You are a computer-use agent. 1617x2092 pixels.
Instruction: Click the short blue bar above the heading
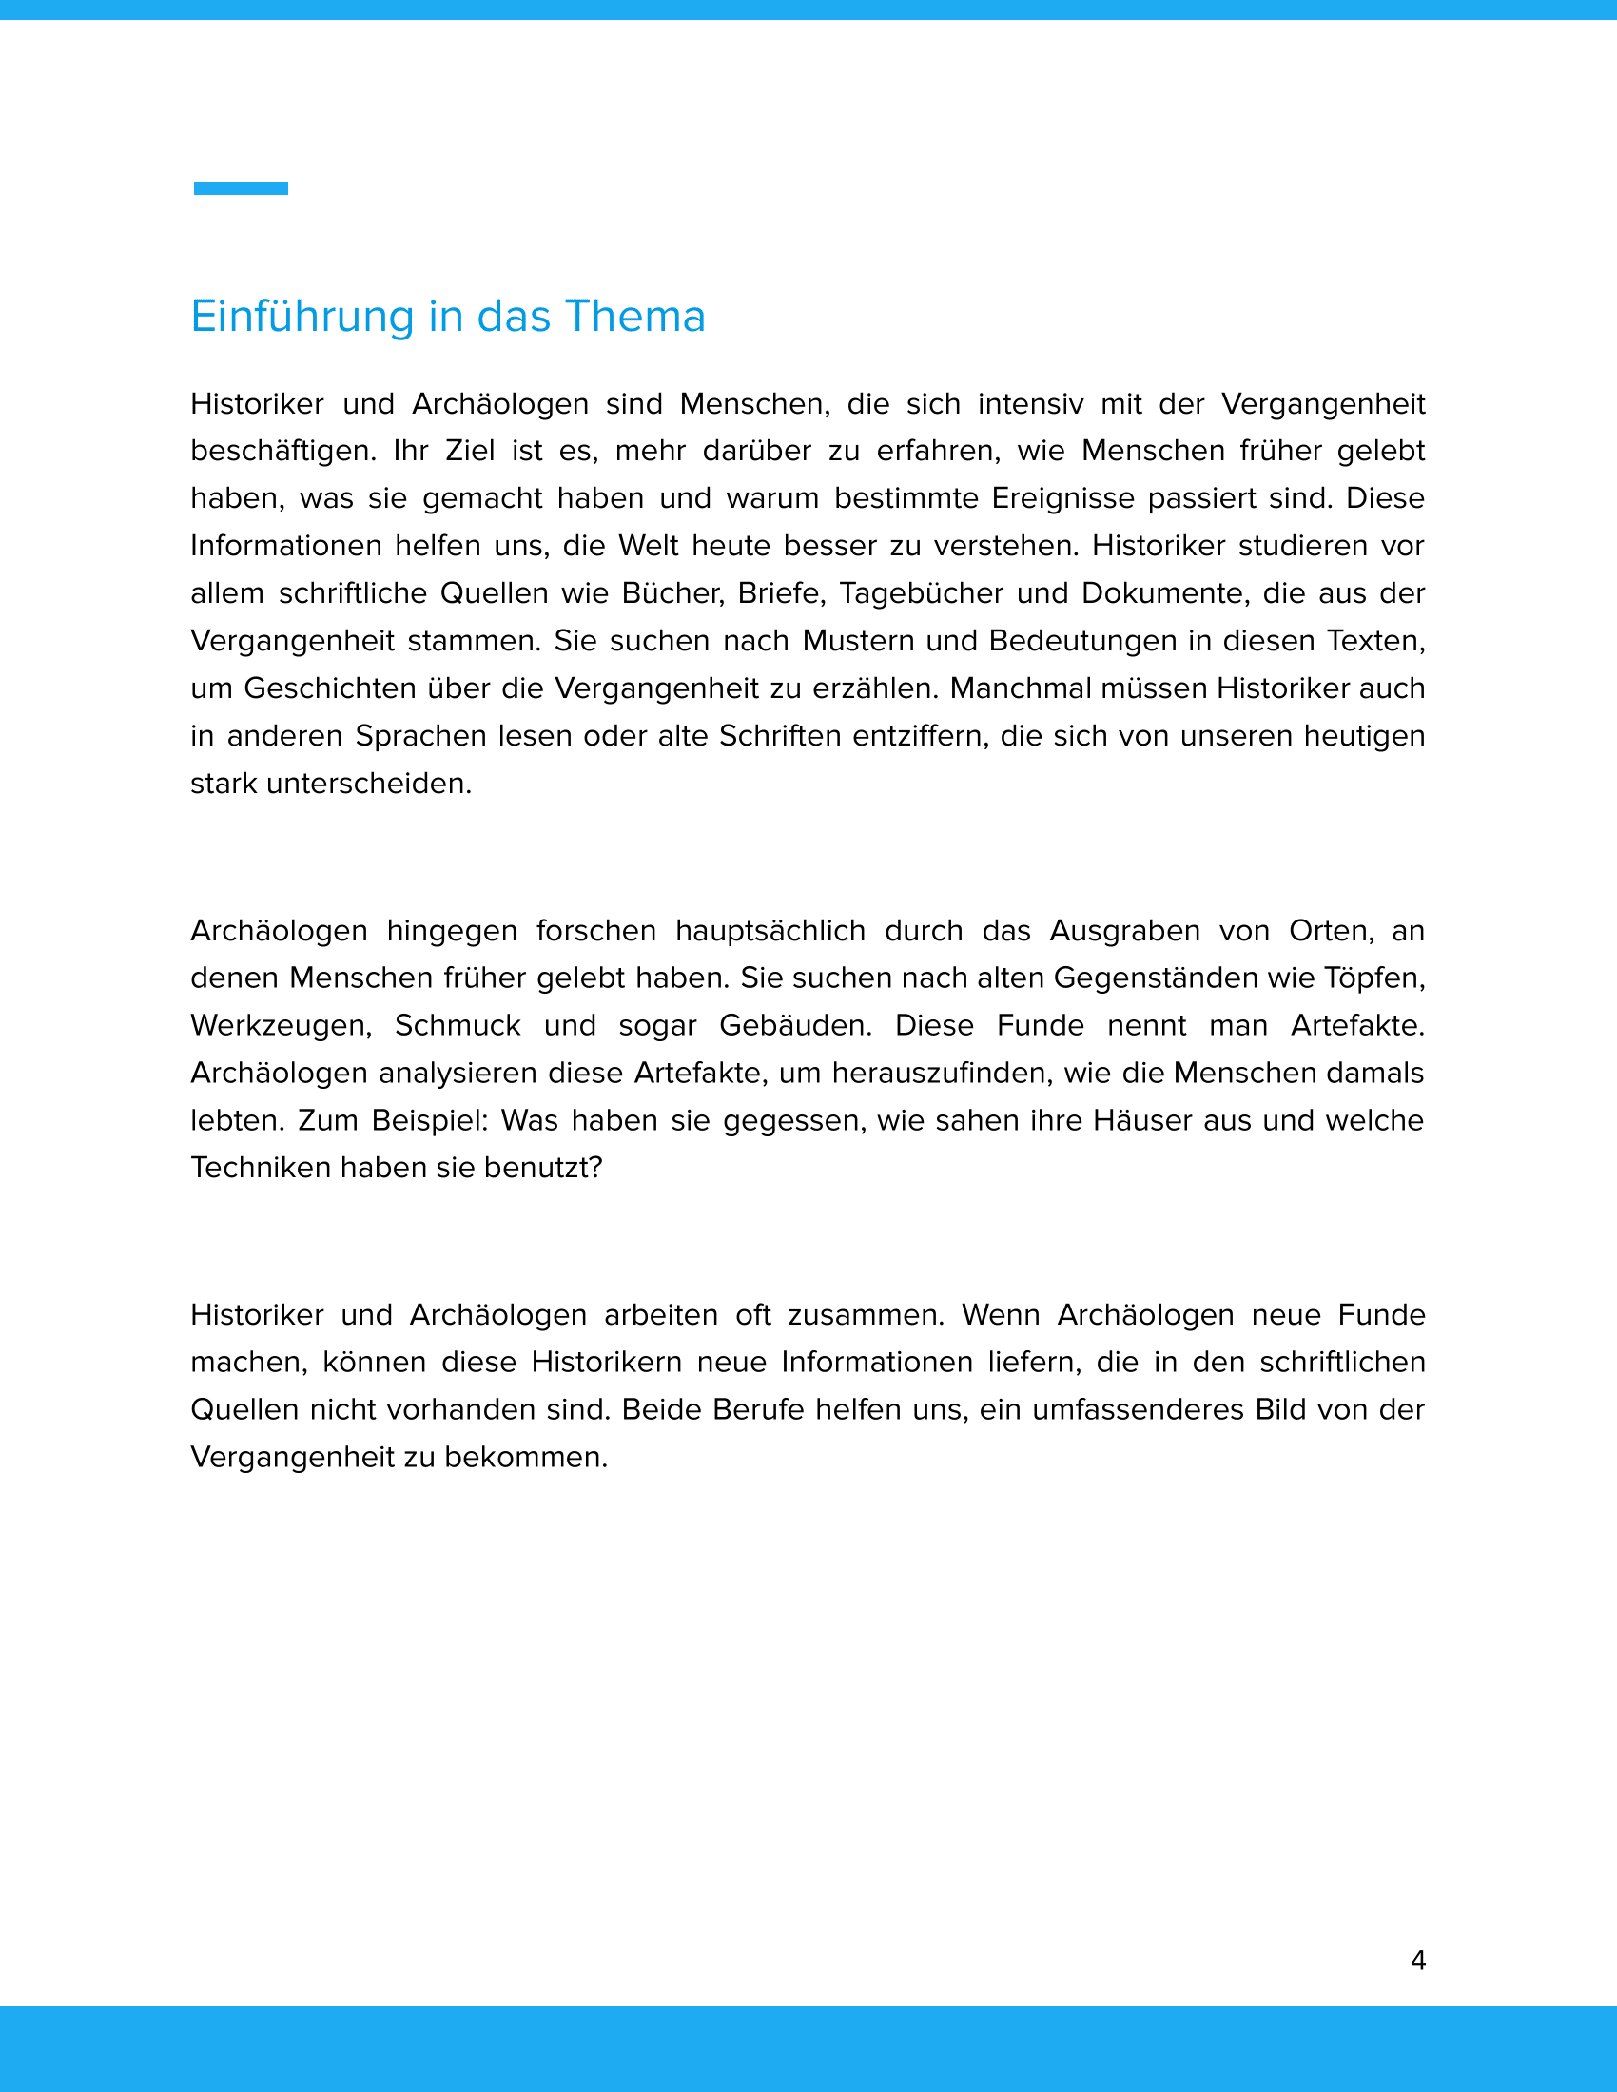tap(241, 188)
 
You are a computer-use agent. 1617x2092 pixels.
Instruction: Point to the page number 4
tap(1418, 1961)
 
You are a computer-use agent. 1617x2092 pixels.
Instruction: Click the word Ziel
tap(469, 451)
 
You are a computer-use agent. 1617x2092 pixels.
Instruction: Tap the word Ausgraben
tap(1124, 930)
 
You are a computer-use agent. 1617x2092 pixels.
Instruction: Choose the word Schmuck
tap(457, 1025)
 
